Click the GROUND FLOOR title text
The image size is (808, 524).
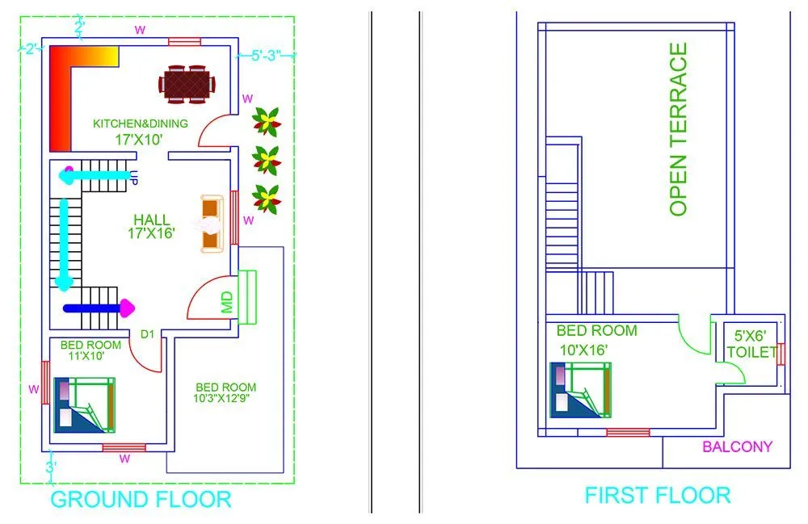tap(141, 499)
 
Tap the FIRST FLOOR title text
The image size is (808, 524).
tap(657, 495)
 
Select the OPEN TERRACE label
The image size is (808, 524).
tap(679, 129)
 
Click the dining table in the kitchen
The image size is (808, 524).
tap(187, 84)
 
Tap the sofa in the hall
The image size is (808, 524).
tap(211, 224)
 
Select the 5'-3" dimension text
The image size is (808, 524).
tap(266, 57)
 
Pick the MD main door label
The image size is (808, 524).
tap(227, 302)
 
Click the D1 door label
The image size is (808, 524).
tap(147, 334)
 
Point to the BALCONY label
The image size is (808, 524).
tap(737, 446)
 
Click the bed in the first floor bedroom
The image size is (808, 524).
tap(580, 390)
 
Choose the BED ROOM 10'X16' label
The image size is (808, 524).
tap(596, 340)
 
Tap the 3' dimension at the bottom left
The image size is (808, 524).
tap(49, 467)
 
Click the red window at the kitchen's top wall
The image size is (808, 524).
tap(184, 42)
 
